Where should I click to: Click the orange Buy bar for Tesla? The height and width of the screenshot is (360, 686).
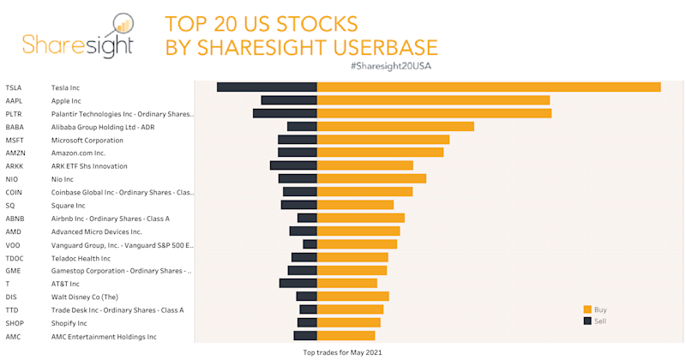(489, 87)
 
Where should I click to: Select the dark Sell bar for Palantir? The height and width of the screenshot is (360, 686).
(285, 113)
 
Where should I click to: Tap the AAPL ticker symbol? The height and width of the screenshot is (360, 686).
(15, 100)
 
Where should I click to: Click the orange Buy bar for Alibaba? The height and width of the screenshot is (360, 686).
(395, 126)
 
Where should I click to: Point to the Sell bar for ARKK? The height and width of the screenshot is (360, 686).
(293, 165)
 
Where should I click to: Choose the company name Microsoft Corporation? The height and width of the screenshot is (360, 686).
(87, 140)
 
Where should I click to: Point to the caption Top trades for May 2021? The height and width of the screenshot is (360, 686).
(343, 351)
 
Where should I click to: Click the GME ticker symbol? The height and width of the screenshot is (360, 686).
(15, 271)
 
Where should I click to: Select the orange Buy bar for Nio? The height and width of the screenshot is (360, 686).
(371, 178)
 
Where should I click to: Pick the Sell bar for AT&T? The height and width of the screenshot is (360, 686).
(298, 283)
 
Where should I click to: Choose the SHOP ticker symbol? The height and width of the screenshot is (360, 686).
(15, 323)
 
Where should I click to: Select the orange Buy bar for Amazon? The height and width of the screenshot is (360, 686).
(380, 153)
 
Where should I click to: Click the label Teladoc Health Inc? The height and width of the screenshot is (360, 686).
(81, 258)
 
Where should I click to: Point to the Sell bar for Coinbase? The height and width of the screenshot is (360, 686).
(300, 192)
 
